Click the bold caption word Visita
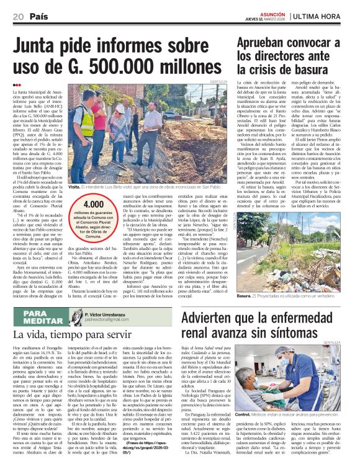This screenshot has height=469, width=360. click(x=74, y=186)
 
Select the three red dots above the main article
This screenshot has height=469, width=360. click(x=16, y=84)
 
